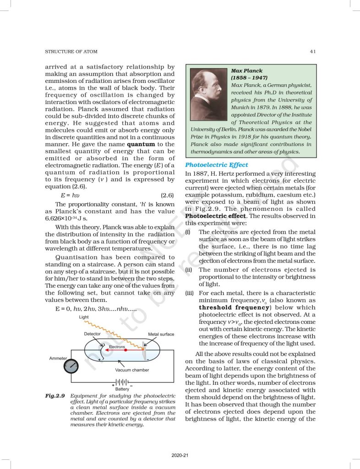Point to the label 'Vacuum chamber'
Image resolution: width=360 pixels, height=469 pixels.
132,370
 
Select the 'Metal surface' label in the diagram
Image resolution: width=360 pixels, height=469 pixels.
161,334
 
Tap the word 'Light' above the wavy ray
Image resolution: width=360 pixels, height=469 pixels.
84,317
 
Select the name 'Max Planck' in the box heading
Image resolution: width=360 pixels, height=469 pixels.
247,71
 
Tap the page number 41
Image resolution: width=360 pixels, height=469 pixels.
312,51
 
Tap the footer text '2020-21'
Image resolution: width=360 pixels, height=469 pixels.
180,455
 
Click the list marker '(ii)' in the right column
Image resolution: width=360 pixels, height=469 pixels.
188,270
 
